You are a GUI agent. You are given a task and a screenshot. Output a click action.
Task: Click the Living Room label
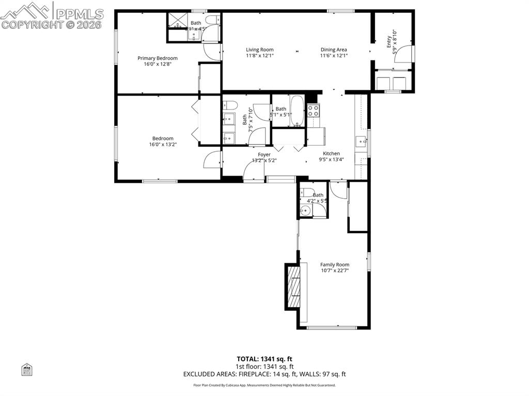pos(259,50)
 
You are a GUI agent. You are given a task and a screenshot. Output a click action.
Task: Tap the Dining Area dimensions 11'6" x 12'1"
pos(334,56)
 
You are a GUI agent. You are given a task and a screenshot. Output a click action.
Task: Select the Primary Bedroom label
pos(157,58)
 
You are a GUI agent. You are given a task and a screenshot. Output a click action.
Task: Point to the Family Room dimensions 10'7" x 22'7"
pos(335,271)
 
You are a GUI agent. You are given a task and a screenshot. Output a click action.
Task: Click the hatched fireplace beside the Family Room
pos(293,287)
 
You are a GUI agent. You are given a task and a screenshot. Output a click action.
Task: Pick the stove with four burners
pos(314,110)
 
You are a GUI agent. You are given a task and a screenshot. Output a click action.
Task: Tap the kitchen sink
pos(361,140)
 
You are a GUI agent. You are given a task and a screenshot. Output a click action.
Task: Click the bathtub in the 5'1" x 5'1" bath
pos(297,110)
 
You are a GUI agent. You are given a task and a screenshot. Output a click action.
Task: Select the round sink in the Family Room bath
pos(306,210)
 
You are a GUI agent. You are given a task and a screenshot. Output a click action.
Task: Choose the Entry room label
pos(389,42)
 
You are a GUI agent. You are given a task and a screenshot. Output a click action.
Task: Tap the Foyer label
pos(264,154)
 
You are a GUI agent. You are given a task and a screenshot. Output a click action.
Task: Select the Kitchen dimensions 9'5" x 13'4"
pos(331,160)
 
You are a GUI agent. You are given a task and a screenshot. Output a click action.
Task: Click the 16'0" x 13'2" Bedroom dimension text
pos(162,145)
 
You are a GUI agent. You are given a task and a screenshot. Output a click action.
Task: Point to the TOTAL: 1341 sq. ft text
pos(264,359)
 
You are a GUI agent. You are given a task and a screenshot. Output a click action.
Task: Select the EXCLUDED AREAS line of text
pos(264,374)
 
